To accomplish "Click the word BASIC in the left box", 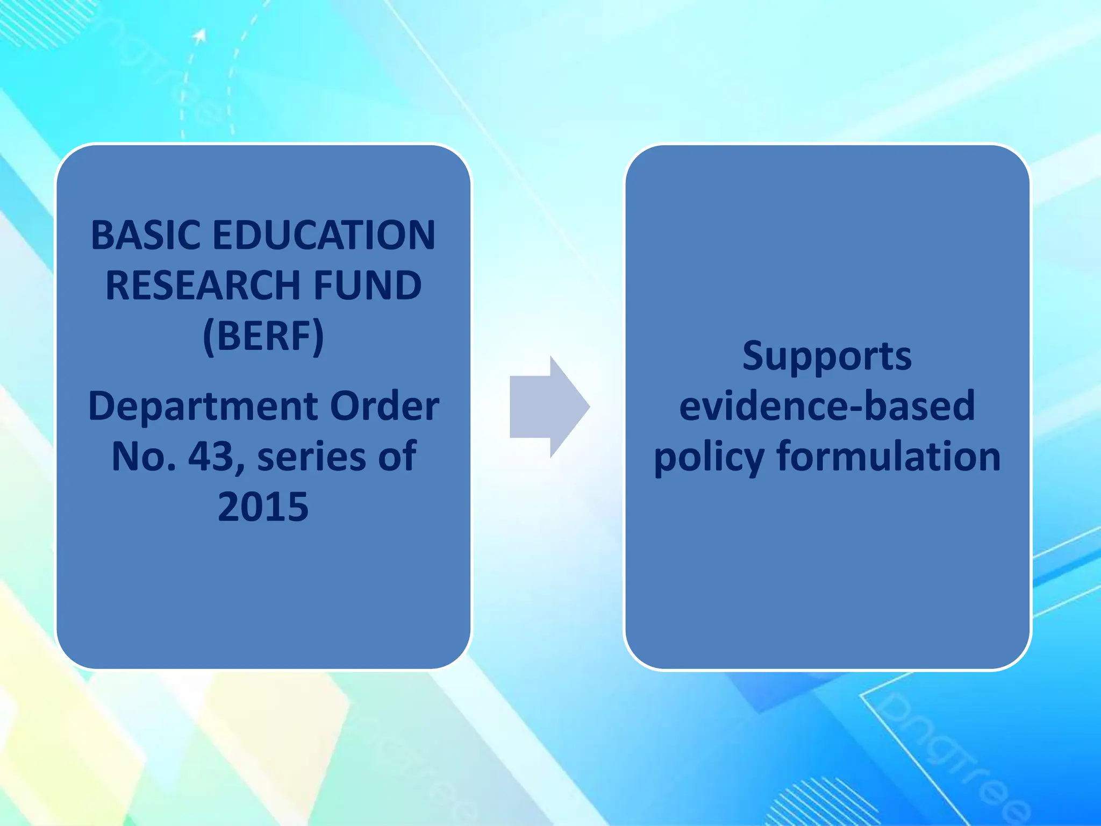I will coord(146,236).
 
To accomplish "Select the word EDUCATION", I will coord(324,236).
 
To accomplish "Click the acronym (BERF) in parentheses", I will coord(263,336).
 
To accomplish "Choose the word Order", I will coord(384,406).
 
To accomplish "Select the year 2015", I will coord(263,507).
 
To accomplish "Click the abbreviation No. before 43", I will coord(144,456).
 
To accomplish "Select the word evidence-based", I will coord(827,406).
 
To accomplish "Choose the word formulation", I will coord(889,456).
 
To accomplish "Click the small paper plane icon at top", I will coord(200,36).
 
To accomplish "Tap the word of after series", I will coord(397,456).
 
